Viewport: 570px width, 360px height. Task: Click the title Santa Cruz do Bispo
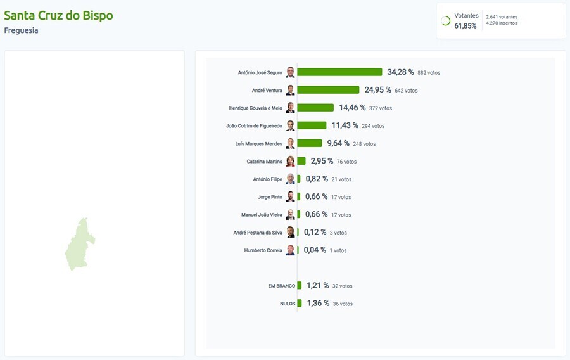pyautogui.click(x=59, y=15)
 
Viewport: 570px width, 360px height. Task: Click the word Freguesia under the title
pyautogui.click(x=21, y=30)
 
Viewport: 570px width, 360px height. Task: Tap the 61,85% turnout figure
pyautogui.click(x=465, y=26)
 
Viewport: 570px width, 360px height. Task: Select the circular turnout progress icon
pyautogui.click(x=445, y=21)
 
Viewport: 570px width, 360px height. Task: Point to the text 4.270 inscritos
pyautogui.click(x=502, y=23)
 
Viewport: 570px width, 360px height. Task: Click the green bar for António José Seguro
pyautogui.click(x=339, y=72)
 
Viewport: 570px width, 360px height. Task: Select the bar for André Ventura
pyautogui.click(x=328, y=90)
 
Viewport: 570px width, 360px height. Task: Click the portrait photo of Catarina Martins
pyautogui.click(x=290, y=161)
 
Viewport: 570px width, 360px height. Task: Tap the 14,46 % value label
pyautogui.click(x=351, y=108)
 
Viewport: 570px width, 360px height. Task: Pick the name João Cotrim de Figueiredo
pyautogui.click(x=254, y=126)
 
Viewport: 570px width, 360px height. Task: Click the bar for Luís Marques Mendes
pyautogui.click(x=310, y=143)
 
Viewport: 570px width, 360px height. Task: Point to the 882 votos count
pyautogui.click(x=429, y=73)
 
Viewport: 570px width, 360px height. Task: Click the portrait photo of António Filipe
pyautogui.click(x=290, y=179)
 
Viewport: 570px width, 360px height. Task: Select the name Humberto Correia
pyautogui.click(x=263, y=250)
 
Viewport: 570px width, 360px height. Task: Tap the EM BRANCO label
pyautogui.click(x=281, y=286)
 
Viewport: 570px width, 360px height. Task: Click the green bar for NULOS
pyautogui.click(x=300, y=304)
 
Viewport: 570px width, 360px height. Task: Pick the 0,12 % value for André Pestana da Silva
pyautogui.click(x=315, y=233)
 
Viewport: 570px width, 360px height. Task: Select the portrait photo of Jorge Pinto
pyautogui.click(x=290, y=196)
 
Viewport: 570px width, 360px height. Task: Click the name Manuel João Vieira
pyautogui.click(x=262, y=215)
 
